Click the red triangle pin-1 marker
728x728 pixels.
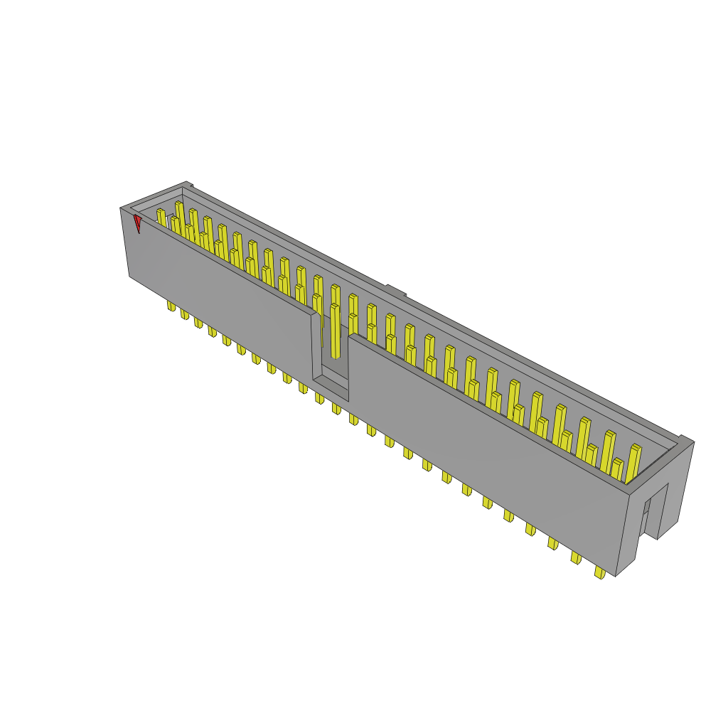click(x=137, y=224)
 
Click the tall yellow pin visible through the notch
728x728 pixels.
click(x=335, y=331)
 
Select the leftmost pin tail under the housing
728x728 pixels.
click(x=171, y=306)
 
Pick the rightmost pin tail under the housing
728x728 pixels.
click(x=600, y=572)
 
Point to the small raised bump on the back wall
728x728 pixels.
click(x=395, y=290)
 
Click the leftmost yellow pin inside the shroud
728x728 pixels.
click(x=161, y=218)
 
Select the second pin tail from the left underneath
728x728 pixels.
click(x=184, y=314)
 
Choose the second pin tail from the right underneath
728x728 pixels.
click(x=575, y=558)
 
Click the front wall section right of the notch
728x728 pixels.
click(x=483, y=441)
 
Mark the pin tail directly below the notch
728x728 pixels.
click(x=336, y=408)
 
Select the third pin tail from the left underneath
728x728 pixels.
click(x=198, y=322)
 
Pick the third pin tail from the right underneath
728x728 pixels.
click(x=552, y=543)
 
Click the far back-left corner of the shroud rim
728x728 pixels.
click(x=188, y=185)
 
